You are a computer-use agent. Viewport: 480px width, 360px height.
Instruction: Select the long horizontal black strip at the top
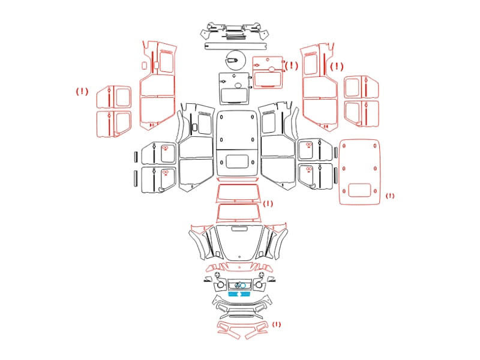pos(235,46)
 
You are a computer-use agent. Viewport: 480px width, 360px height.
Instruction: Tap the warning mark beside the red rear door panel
pos(291,65)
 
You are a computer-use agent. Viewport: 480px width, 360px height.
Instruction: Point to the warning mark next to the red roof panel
pos(390,196)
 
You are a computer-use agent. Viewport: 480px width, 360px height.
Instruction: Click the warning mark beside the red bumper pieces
pos(277,324)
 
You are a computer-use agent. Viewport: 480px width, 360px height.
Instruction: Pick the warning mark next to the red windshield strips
pos(268,203)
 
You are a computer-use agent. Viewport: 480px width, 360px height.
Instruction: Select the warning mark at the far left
pos(82,91)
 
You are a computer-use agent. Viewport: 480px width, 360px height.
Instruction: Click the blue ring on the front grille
pos(243,286)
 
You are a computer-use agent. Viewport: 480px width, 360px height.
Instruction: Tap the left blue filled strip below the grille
pos(233,294)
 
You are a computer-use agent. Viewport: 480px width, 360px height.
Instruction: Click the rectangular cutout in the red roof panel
pos(359,190)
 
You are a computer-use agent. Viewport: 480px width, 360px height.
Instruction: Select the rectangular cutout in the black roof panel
pos(237,161)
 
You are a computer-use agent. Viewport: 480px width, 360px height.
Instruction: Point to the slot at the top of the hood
pos(239,229)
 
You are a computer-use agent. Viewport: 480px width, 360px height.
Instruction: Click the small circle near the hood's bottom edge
pos(239,257)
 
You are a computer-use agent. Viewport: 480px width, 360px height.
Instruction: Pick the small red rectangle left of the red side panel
pos(144,65)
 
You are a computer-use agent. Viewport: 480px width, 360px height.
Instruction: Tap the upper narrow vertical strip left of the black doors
pos(136,157)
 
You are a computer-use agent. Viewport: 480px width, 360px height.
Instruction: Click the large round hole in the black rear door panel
pos(238,85)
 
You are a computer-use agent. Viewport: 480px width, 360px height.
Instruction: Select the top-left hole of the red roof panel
pos(344,146)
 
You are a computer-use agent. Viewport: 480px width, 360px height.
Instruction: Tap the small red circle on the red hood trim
pos(239,267)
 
